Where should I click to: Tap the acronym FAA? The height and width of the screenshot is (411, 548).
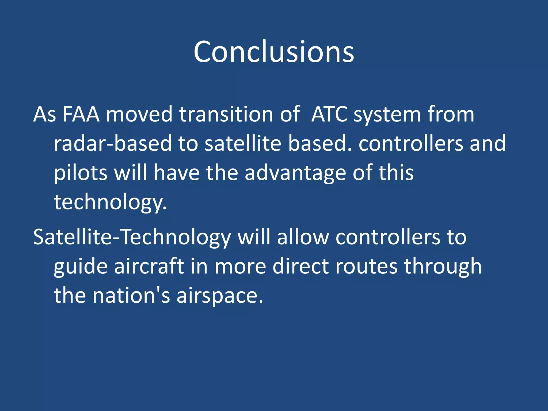click(x=81, y=115)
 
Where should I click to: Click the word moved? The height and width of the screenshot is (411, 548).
click(x=139, y=115)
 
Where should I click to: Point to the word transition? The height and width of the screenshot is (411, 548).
click(x=226, y=115)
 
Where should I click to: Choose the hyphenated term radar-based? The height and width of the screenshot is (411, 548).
click(x=112, y=143)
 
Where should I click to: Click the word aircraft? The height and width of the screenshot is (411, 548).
click(x=149, y=267)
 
